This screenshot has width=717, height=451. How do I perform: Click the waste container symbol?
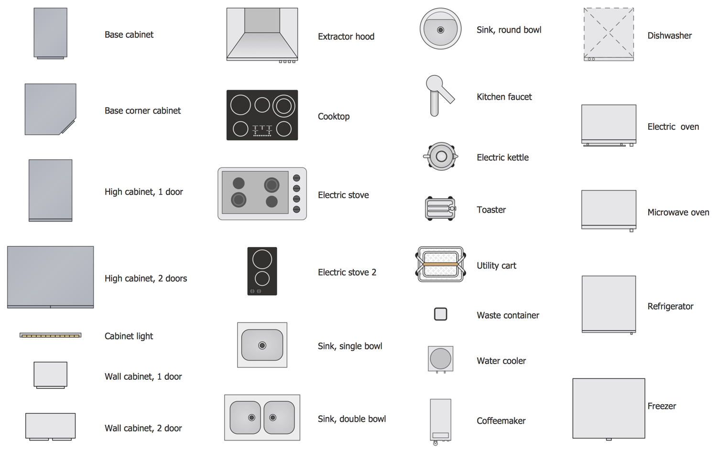tap(440, 314)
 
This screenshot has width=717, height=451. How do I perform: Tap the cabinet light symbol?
tap(51, 335)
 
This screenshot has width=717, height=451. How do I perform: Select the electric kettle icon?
tap(441, 156)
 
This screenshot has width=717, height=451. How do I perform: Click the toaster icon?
tap(440, 209)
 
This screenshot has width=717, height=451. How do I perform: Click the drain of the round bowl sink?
tap(440, 30)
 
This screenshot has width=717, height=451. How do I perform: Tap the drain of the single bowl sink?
tap(262, 345)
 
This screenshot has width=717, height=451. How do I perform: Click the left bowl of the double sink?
tap(245, 418)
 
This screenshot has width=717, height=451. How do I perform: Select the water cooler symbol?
tap(440, 360)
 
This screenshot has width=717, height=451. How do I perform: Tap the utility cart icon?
tap(440, 264)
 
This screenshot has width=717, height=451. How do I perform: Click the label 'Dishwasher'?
tap(669, 35)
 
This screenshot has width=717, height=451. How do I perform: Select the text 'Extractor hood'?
tap(346, 36)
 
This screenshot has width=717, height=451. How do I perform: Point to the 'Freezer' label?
tap(662, 406)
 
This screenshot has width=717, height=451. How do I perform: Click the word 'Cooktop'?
tap(334, 116)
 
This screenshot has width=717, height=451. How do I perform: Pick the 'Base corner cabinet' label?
tap(142, 111)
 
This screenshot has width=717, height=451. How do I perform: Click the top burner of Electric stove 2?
tap(262, 259)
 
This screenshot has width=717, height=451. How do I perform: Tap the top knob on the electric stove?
tap(297, 178)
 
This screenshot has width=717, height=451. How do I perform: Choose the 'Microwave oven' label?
tap(678, 213)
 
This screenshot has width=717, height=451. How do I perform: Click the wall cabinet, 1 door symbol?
tap(51, 375)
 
